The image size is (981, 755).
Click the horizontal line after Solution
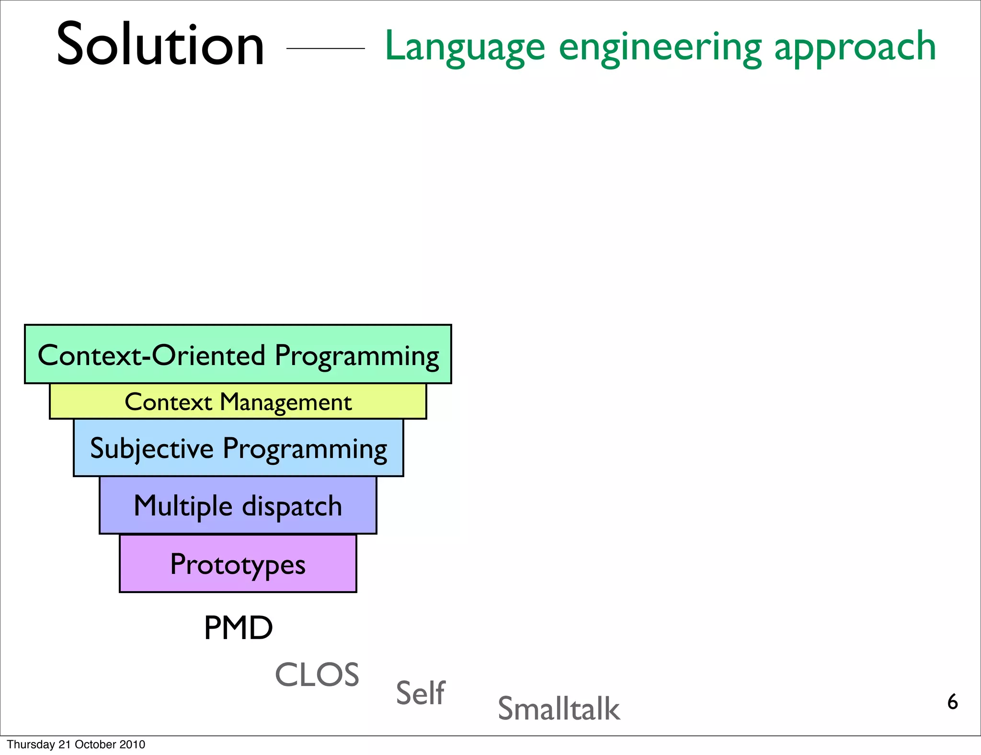[x=325, y=48]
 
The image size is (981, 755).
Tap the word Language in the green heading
[x=465, y=47]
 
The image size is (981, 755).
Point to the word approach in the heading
[x=855, y=47]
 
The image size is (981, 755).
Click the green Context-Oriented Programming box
[x=238, y=355]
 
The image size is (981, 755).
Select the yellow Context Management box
[x=238, y=402]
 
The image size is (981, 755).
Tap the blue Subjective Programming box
[x=238, y=448]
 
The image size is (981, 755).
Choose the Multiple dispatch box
[x=238, y=506]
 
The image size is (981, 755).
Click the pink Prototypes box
[x=238, y=564]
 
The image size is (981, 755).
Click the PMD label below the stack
[x=238, y=628]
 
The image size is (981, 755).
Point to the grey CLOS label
[x=317, y=675]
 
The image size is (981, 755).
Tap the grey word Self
[x=420, y=693]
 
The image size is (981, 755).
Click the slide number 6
[x=952, y=702]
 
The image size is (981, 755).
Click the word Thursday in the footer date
[x=31, y=744]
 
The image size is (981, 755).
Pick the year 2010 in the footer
[x=132, y=744]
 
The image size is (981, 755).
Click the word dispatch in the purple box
[x=292, y=507]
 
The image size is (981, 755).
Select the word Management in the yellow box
[x=285, y=402]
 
